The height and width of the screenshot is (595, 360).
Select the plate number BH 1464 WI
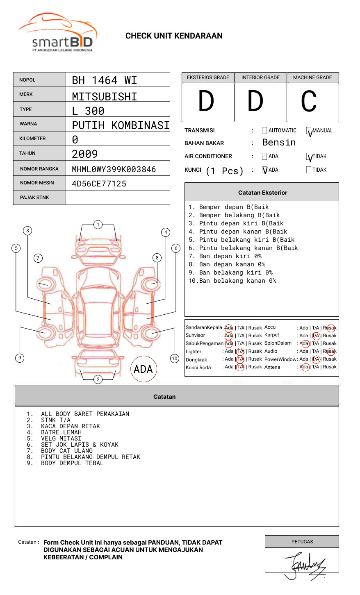(104, 80)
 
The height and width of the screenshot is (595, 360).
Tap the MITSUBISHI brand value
(104, 97)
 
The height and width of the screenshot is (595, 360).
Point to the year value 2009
(84, 154)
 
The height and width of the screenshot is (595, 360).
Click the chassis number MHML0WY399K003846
(114, 169)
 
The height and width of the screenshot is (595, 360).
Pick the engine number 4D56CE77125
(99, 184)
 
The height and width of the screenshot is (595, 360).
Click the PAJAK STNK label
(34, 198)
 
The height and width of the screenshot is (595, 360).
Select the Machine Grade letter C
(309, 101)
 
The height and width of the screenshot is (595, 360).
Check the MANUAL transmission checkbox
(309, 131)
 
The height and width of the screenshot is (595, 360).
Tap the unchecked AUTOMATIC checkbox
(264, 131)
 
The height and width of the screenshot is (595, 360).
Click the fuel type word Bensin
(279, 143)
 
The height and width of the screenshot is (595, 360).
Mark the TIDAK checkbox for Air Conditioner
(309, 157)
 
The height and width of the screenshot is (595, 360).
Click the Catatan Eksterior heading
(262, 193)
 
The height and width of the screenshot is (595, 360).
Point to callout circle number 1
(98, 224)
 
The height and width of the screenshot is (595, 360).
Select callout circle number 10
(175, 359)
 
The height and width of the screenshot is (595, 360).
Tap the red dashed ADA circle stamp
(144, 369)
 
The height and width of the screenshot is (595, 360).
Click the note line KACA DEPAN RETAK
(70, 426)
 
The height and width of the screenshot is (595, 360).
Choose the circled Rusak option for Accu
(330, 328)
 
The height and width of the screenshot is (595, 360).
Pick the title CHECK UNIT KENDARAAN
(174, 36)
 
